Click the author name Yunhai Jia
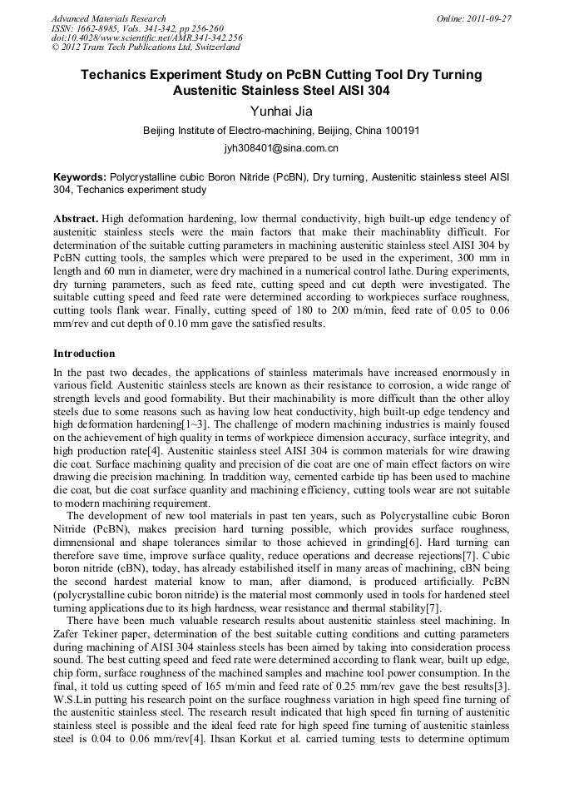pos(281,112)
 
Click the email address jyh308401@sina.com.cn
pos(281,149)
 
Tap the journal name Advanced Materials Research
pos(108,18)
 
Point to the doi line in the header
pos(146,38)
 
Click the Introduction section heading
pos(84,354)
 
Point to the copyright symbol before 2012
pos(55,47)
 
